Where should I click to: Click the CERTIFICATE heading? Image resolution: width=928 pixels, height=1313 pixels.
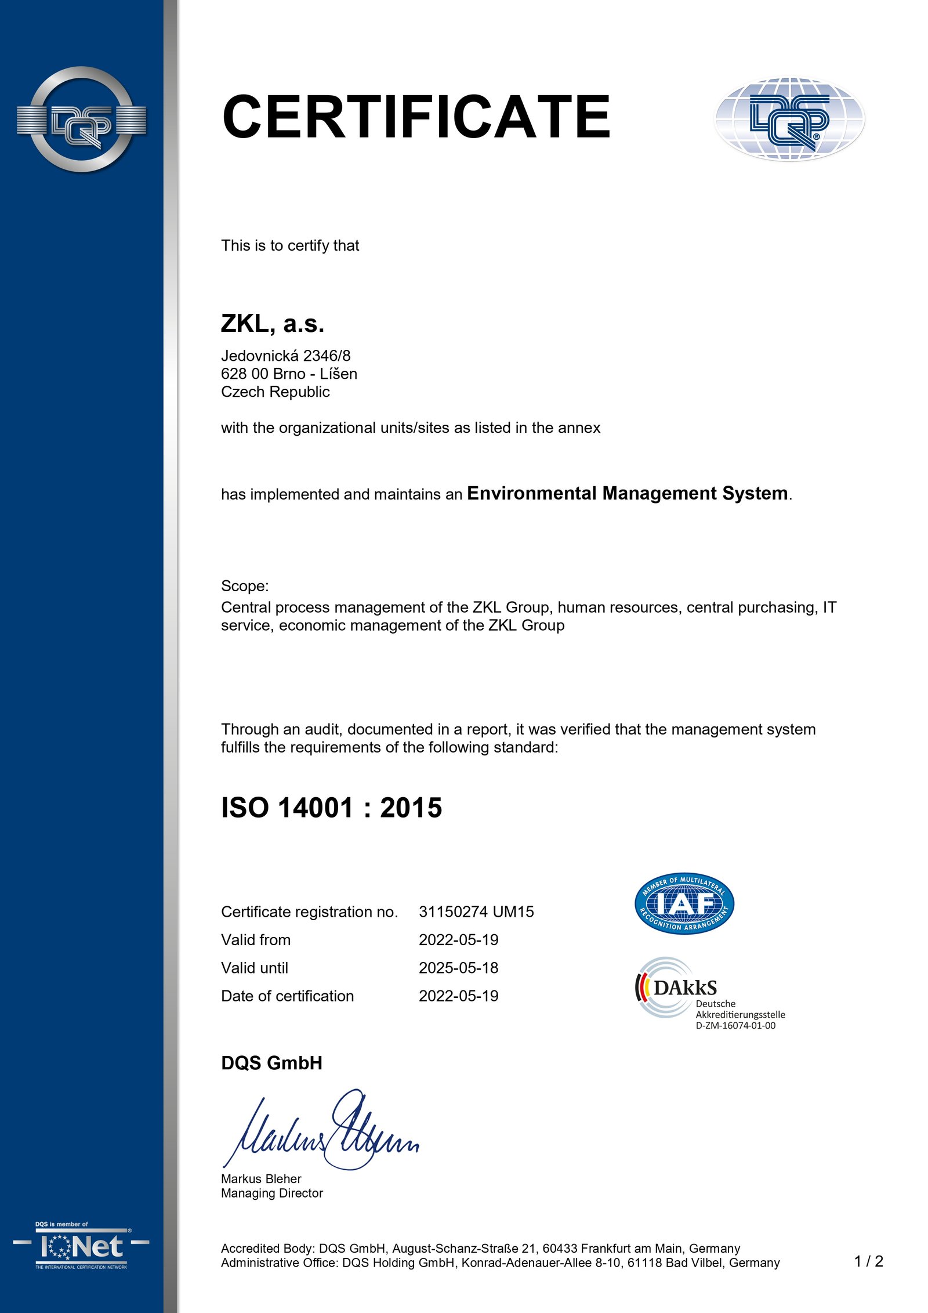415,117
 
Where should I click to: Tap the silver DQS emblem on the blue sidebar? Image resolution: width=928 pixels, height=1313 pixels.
81,120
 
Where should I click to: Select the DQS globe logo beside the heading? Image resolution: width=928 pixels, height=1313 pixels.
789,119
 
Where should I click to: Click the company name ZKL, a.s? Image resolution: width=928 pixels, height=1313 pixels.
272,324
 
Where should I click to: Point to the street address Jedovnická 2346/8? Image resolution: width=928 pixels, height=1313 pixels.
285,356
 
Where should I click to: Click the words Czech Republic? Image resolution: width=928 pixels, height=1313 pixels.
275,392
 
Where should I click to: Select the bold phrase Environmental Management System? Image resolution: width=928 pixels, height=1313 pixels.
628,493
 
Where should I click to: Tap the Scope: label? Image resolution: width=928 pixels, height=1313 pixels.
245,586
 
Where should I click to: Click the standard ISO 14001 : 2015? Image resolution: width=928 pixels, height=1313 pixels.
331,808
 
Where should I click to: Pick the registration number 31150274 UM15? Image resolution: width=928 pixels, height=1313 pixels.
476,912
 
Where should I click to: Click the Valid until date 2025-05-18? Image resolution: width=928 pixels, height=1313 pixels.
458,968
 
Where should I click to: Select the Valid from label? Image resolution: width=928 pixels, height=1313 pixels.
256,940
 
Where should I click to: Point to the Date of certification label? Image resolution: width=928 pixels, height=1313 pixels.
287,996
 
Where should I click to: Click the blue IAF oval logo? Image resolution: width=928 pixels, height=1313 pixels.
684,903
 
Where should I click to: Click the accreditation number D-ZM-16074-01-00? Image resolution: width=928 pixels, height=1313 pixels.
735,1026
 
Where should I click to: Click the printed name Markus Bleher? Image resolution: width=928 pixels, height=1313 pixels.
261,1179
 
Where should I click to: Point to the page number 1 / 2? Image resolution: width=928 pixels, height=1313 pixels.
868,1261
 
